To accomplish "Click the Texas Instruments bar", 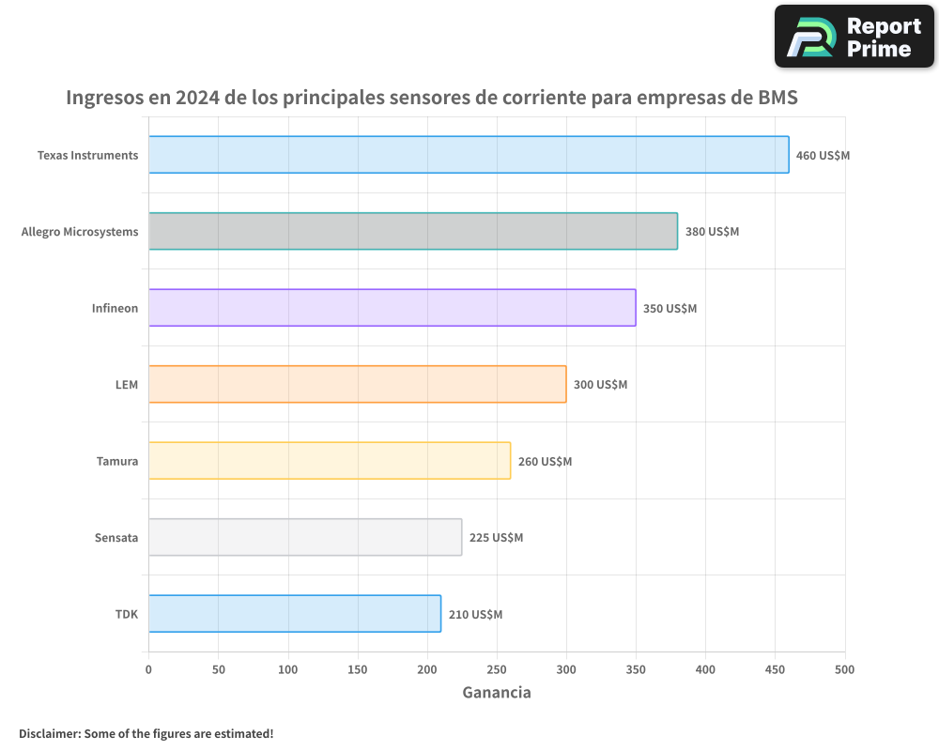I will tap(469, 155).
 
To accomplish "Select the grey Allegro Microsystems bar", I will tap(413, 231).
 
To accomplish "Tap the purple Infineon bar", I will tap(392, 308).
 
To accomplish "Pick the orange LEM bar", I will tap(357, 384).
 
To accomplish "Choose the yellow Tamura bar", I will tap(330, 461).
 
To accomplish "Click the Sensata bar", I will tap(305, 537).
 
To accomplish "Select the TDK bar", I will tap(295, 614).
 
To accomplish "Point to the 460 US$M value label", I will tap(823, 156).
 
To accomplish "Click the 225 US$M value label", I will tap(496, 538).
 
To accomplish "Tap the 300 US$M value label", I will tap(600, 385).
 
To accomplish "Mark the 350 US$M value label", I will tap(670, 309).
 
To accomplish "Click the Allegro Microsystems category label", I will tap(80, 232).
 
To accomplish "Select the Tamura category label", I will tap(117, 461).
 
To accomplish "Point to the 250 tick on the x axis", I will tap(497, 669).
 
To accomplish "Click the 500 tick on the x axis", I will tap(845, 669).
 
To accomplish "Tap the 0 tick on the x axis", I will tap(148, 669).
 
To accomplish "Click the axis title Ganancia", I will tap(497, 693).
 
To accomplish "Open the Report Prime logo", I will tap(854, 37).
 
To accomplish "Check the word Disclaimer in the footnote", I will tap(48, 733).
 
